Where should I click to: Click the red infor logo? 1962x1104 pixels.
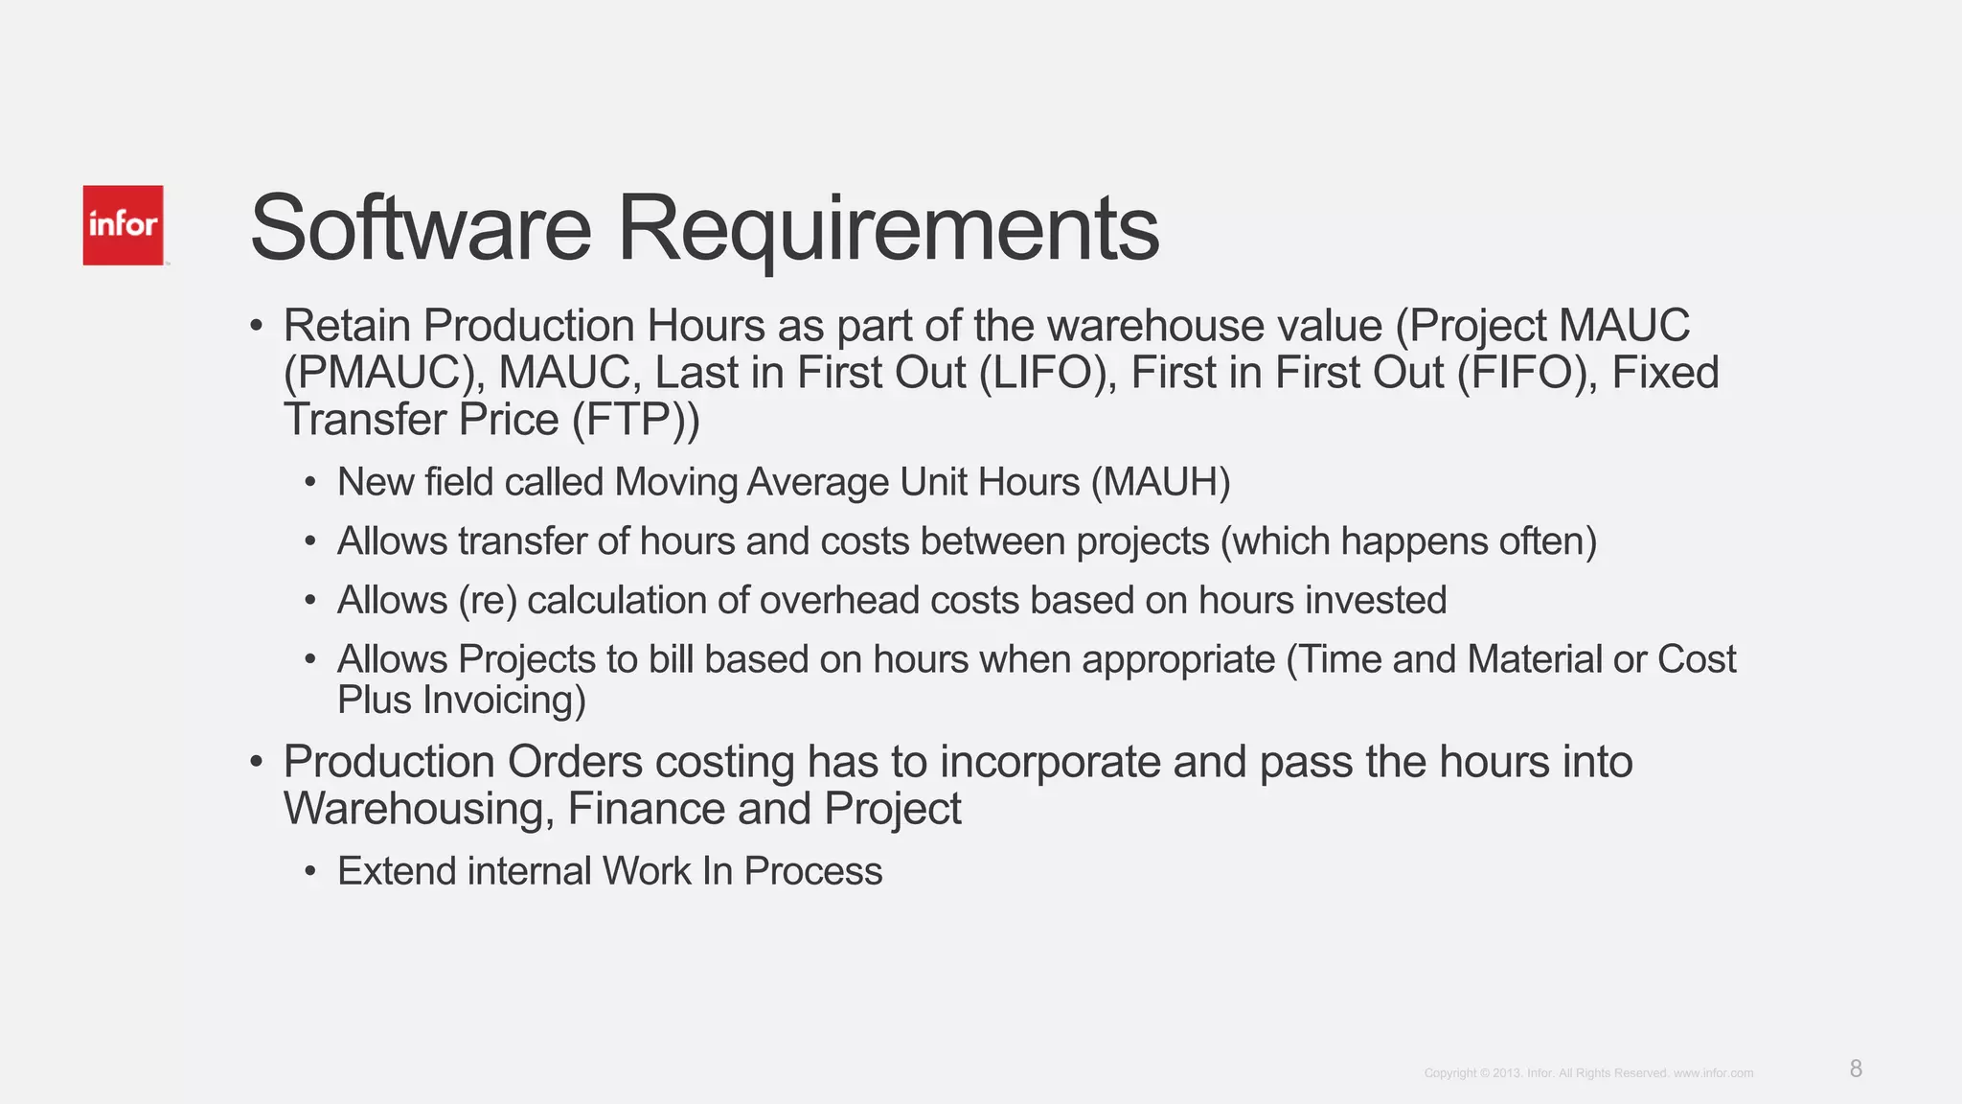[x=123, y=225]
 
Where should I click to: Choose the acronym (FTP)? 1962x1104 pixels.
[x=636, y=420]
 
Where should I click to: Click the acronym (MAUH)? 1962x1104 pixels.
[x=1160, y=482]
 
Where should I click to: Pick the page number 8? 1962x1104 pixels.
[x=1856, y=1069]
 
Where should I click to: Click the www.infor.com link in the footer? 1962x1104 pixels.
[x=1713, y=1073]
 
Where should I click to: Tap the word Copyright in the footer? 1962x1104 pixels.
[x=1450, y=1073]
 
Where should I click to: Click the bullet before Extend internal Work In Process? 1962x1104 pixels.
[x=309, y=872]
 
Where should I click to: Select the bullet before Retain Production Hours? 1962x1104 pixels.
[x=256, y=327]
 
